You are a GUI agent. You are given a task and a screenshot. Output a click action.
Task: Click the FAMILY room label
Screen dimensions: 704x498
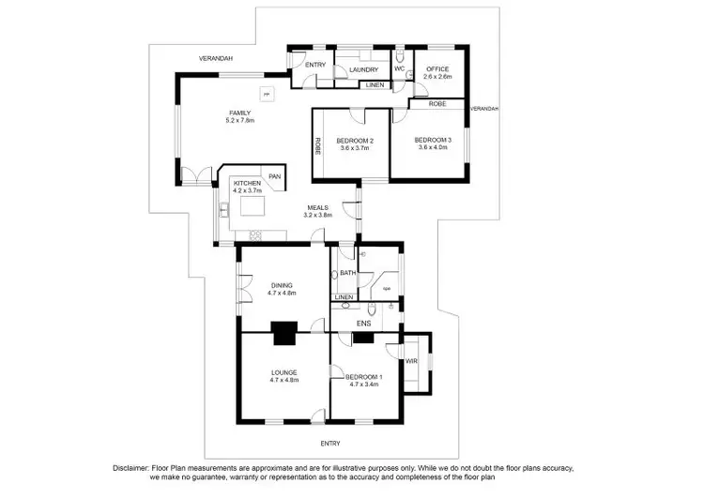(x=240, y=113)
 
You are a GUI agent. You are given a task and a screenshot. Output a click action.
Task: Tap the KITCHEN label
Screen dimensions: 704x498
(x=247, y=182)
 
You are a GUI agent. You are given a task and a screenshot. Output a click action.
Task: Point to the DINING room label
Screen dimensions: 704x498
(x=283, y=285)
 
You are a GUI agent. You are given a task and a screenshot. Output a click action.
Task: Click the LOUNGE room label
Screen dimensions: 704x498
(x=283, y=372)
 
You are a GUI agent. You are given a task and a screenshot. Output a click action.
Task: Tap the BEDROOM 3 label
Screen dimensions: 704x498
(x=434, y=140)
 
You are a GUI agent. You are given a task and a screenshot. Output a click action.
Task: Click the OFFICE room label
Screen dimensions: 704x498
(x=438, y=68)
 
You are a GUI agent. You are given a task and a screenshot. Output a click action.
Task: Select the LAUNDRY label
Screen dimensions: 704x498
(x=363, y=69)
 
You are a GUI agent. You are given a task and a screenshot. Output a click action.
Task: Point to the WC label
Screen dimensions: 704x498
(x=399, y=68)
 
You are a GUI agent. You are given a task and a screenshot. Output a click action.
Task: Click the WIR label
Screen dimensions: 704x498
(x=411, y=361)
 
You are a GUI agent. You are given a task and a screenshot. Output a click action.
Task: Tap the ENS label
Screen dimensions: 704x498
(x=363, y=324)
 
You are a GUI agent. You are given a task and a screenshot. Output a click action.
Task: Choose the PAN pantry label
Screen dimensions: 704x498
(x=274, y=176)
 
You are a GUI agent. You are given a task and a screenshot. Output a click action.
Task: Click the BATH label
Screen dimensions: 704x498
(x=347, y=273)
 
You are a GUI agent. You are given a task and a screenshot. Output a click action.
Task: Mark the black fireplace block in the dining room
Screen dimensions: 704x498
(x=283, y=328)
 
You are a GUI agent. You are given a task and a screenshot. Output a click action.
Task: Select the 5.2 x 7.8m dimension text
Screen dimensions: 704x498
(x=240, y=121)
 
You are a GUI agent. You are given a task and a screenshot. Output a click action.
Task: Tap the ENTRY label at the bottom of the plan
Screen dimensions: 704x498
(x=330, y=443)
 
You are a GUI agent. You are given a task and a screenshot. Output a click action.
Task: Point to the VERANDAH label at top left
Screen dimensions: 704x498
(x=215, y=58)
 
